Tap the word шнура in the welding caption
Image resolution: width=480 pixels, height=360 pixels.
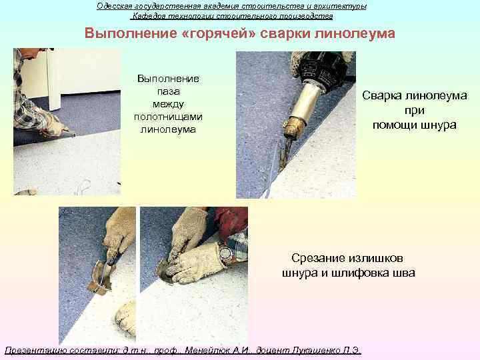(438, 125)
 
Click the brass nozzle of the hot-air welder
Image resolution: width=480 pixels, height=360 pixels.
(293, 127)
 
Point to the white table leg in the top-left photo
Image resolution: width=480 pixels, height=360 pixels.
(54, 80)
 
